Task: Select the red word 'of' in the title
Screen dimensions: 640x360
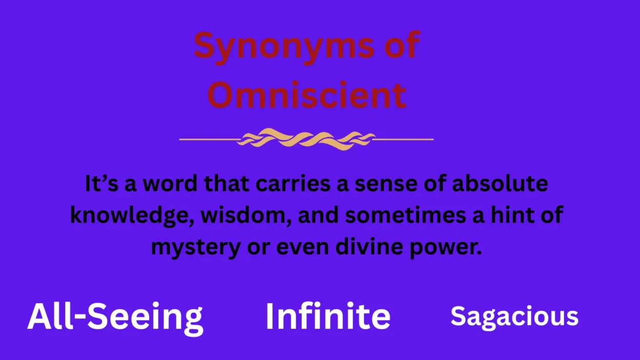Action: pyautogui.click(x=402, y=45)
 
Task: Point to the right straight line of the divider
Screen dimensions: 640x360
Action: pyautogui.click(x=403, y=139)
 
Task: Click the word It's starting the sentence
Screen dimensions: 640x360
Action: pyautogui.click(x=102, y=184)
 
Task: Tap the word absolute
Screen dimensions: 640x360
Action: pyautogui.click(x=500, y=183)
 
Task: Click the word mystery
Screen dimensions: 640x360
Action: pyautogui.click(x=196, y=248)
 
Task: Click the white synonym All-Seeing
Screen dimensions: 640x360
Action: pyautogui.click(x=115, y=318)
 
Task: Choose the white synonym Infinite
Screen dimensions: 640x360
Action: pyautogui.click(x=328, y=315)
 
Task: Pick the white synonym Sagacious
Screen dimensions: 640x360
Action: pyautogui.click(x=514, y=317)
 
